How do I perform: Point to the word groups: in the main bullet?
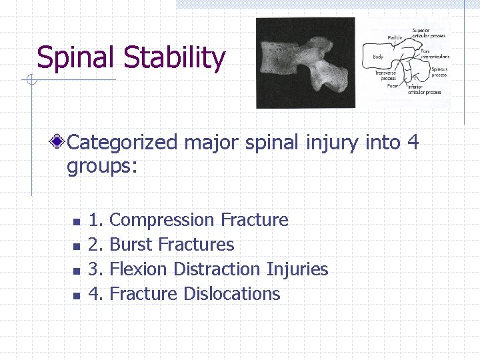point(101,166)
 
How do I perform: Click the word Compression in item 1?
point(161,220)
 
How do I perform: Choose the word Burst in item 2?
point(130,245)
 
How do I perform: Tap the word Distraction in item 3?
point(217,269)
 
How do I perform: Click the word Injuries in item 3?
point(297,269)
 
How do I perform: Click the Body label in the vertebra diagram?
point(378,57)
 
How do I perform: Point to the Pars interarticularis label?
point(435,54)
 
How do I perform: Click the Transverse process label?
point(385,75)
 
